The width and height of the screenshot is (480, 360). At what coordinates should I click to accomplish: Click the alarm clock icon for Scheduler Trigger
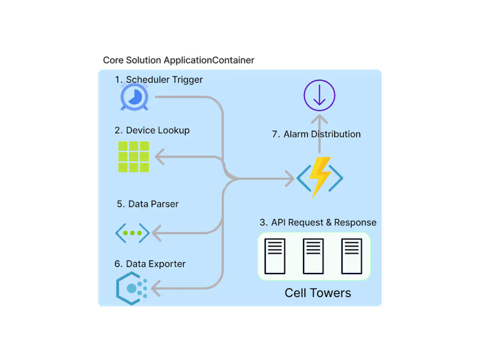[134, 97]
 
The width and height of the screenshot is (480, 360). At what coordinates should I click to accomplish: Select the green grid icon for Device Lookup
[133, 157]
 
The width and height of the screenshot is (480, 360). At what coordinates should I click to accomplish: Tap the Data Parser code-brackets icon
[133, 232]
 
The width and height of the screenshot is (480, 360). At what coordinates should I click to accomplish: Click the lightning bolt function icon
[320, 178]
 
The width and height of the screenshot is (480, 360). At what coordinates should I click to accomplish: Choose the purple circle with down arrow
[319, 96]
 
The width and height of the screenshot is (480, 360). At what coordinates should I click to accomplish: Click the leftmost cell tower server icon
[275, 256]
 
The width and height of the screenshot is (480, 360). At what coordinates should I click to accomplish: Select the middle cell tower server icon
[313, 256]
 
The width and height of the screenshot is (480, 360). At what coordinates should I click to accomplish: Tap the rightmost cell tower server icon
[352, 256]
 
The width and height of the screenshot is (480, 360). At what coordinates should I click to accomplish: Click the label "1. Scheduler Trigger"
[158, 80]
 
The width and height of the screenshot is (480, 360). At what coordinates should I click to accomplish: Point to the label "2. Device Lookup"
[152, 130]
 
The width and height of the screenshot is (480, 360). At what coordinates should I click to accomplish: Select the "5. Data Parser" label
[148, 204]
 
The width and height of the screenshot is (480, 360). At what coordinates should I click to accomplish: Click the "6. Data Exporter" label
[150, 264]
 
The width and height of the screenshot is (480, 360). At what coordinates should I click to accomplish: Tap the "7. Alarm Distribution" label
[316, 134]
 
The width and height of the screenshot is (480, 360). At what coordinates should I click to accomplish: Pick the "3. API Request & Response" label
[318, 223]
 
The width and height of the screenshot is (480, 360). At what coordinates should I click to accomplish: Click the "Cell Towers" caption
[317, 293]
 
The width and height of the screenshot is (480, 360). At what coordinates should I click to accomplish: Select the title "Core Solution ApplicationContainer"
[178, 61]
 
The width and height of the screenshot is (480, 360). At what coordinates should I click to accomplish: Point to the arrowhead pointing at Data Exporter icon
[155, 290]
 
